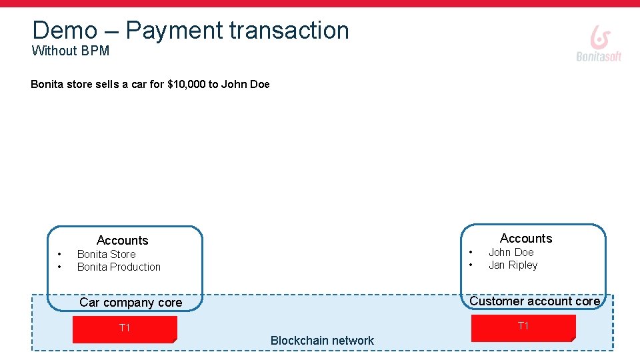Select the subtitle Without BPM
(x=70, y=51)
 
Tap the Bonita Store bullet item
(x=106, y=254)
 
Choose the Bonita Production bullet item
(x=119, y=267)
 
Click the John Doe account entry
(x=511, y=252)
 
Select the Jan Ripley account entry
(x=513, y=265)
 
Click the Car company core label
(x=130, y=302)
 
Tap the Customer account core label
(x=535, y=301)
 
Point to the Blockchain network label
(x=322, y=341)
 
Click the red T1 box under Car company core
(x=125, y=329)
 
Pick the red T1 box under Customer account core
(x=523, y=327)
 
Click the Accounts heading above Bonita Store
(x=122, y=240)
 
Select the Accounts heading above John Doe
(x=526, y=238)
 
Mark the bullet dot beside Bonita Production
(x=59, y=267)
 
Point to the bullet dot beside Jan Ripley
(x=471, y=265)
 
